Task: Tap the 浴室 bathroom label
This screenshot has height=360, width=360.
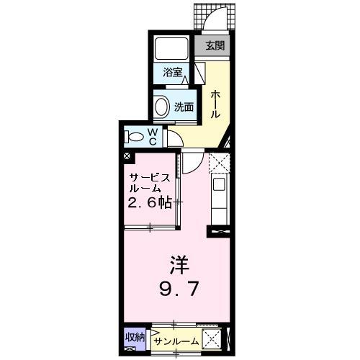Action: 171,72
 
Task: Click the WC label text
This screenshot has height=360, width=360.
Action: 153,135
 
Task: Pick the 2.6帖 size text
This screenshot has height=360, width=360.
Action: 150,202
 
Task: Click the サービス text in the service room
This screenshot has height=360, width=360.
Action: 150,178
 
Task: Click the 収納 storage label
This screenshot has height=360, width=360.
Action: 135,336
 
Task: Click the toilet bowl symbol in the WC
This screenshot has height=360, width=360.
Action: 134,136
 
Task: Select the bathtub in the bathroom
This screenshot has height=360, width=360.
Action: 171,48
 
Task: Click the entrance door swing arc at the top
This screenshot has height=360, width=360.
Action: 216,22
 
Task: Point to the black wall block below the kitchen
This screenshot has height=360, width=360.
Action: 217,232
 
